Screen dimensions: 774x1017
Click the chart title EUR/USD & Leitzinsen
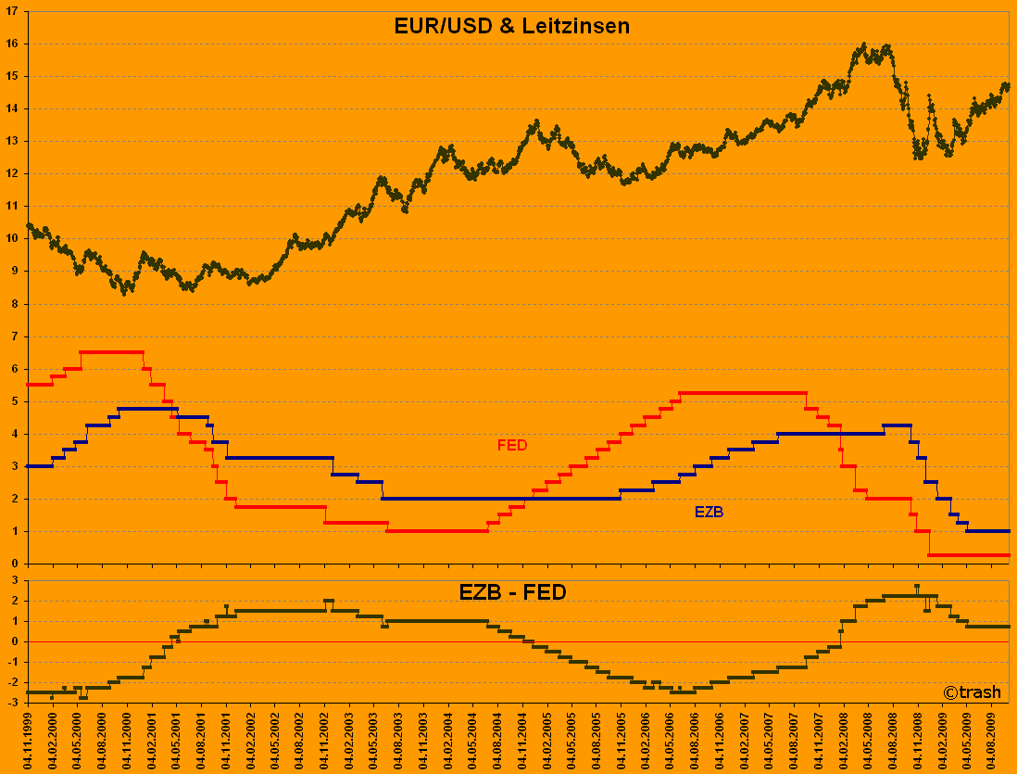[x=512, y=26]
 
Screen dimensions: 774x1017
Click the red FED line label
[x=512, y=445]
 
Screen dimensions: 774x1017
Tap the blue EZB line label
[x=709, y=512]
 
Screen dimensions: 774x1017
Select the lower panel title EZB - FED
[x=512, y=592]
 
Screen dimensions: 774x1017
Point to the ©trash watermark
[x=972, y=692]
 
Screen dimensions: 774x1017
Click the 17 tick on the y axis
[x=13, y=11]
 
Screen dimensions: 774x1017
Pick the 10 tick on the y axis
[x=13, y=239]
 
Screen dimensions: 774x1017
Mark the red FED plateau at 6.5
[x=111, y=352]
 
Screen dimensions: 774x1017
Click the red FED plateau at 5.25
[x=741, y=393]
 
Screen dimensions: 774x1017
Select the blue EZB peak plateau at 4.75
[x=148, y=409]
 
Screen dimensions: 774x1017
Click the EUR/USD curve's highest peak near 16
[x=863, y=44]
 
